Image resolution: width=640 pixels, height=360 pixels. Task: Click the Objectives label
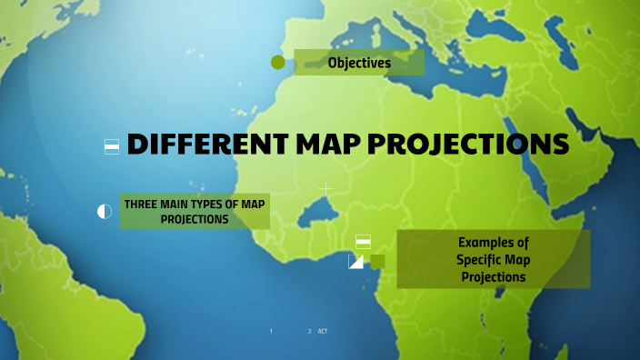359,63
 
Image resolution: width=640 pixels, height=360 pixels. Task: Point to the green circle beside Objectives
278,63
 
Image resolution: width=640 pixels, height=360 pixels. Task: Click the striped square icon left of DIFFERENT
112,146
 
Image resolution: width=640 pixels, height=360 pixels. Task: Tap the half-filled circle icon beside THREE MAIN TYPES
105,212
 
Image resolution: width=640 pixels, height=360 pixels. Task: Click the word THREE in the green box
143,205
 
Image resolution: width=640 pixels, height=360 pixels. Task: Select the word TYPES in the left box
219,205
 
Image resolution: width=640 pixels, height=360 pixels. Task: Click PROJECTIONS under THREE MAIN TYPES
195,220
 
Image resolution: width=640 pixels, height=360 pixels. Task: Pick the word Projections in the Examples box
493,277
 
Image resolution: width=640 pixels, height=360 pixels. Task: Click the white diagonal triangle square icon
355,262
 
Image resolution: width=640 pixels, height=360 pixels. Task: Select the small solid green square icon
377,262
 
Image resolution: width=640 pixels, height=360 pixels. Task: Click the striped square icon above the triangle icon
363,241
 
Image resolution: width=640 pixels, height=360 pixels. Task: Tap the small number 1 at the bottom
271,331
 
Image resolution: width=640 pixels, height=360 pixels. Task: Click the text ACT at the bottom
323,331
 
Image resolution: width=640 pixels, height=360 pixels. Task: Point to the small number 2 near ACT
309,331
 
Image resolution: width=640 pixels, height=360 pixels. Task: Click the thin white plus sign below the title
325,188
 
